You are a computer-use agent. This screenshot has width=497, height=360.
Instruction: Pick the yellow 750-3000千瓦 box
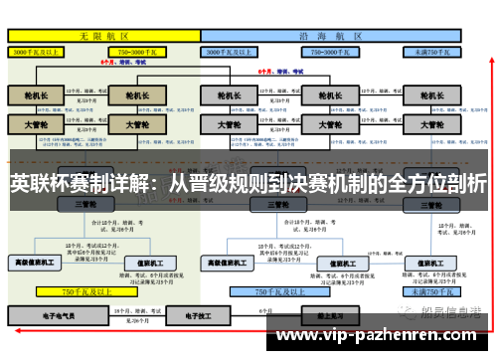[x=141, y=50]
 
